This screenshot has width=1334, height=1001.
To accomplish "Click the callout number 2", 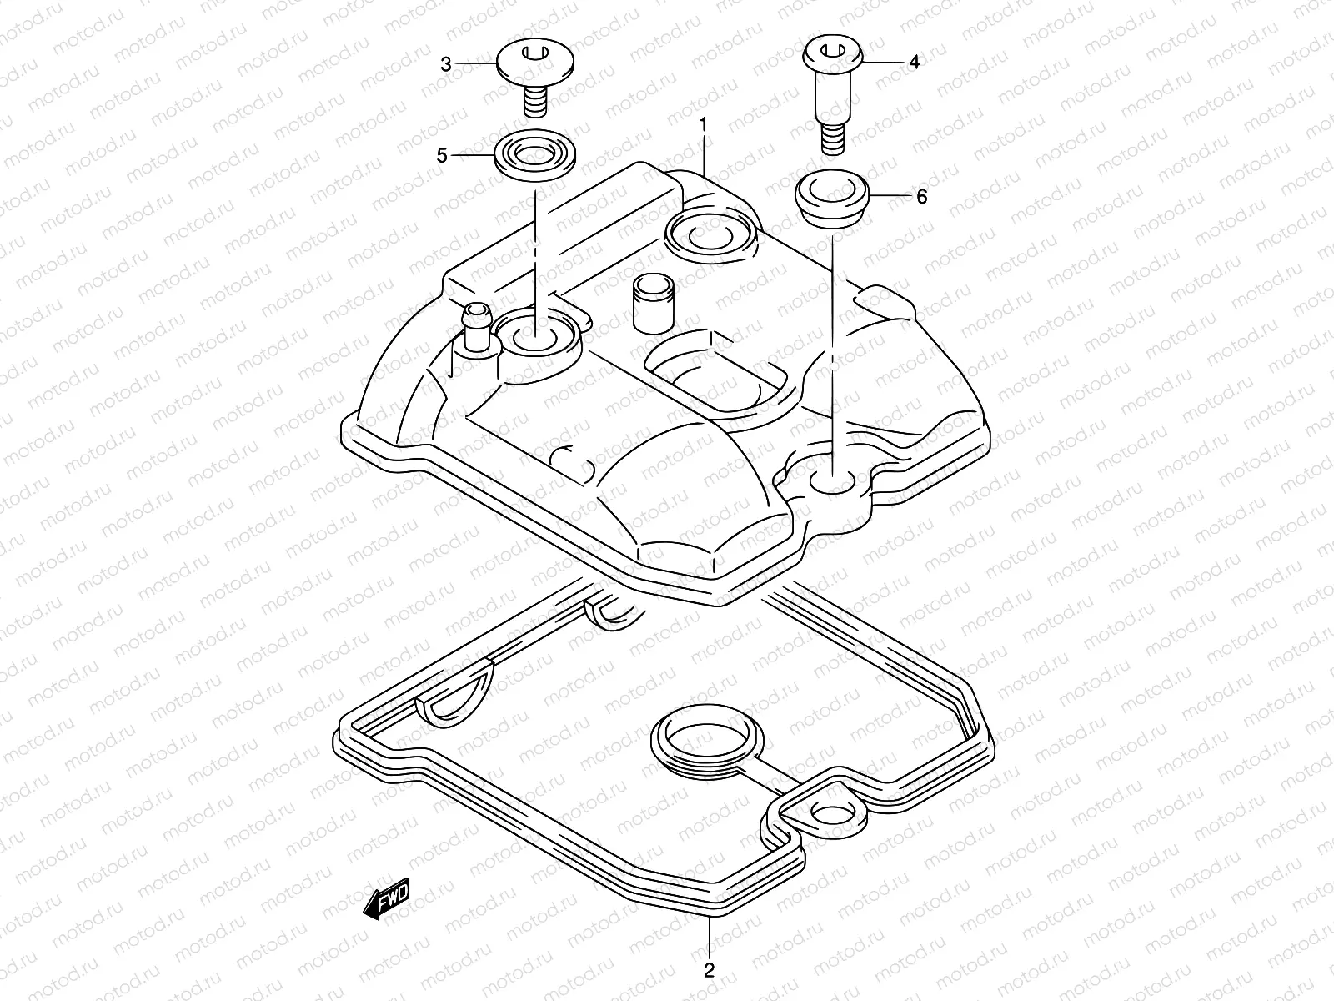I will click(x=708, y=970).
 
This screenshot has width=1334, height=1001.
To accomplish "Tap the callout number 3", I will click(x=446, y=64).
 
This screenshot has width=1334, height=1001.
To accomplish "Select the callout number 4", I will click(x=914, y=62).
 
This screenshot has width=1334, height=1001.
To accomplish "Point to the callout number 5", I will click(x=442, y=155).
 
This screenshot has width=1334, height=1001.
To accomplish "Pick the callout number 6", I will click(x=921, y=197).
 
